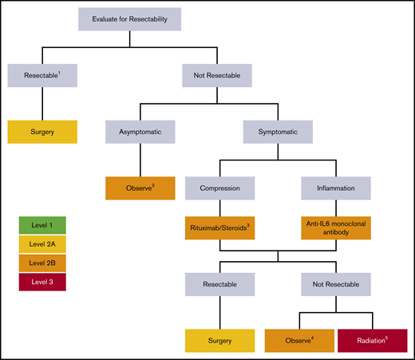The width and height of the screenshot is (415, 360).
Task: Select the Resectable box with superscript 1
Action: coord(41,77)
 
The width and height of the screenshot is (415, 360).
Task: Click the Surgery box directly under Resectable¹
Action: coord(41,131)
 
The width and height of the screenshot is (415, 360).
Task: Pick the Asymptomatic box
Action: coord(140,132)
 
